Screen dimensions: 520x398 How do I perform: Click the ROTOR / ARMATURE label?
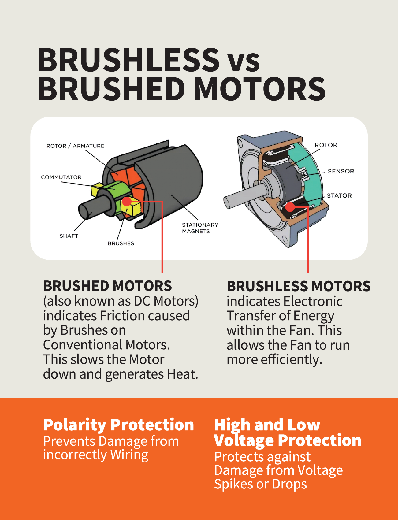(x=75, y=146)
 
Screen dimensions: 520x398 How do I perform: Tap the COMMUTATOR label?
(x=61, y=177)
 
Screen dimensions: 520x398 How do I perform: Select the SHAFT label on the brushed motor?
(x=69, y=236)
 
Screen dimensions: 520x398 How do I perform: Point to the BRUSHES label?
(x=121, y=243)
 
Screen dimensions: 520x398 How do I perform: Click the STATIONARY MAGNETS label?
(x=200, y=228)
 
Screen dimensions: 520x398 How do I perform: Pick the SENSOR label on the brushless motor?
(x=341, y=171)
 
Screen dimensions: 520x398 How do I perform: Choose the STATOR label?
(x=339, y=196)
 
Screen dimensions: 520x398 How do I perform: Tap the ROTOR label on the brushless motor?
(x=326, y=145)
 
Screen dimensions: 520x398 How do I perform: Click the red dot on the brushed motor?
(x=127, y=201)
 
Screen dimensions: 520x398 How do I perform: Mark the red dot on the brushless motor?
(x=290, y=207)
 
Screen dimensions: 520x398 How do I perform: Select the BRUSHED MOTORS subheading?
(x=107, y=286)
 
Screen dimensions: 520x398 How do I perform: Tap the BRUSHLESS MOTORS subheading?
(x=298, y=286)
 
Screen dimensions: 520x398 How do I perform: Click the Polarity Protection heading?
(x=118, y=425)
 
